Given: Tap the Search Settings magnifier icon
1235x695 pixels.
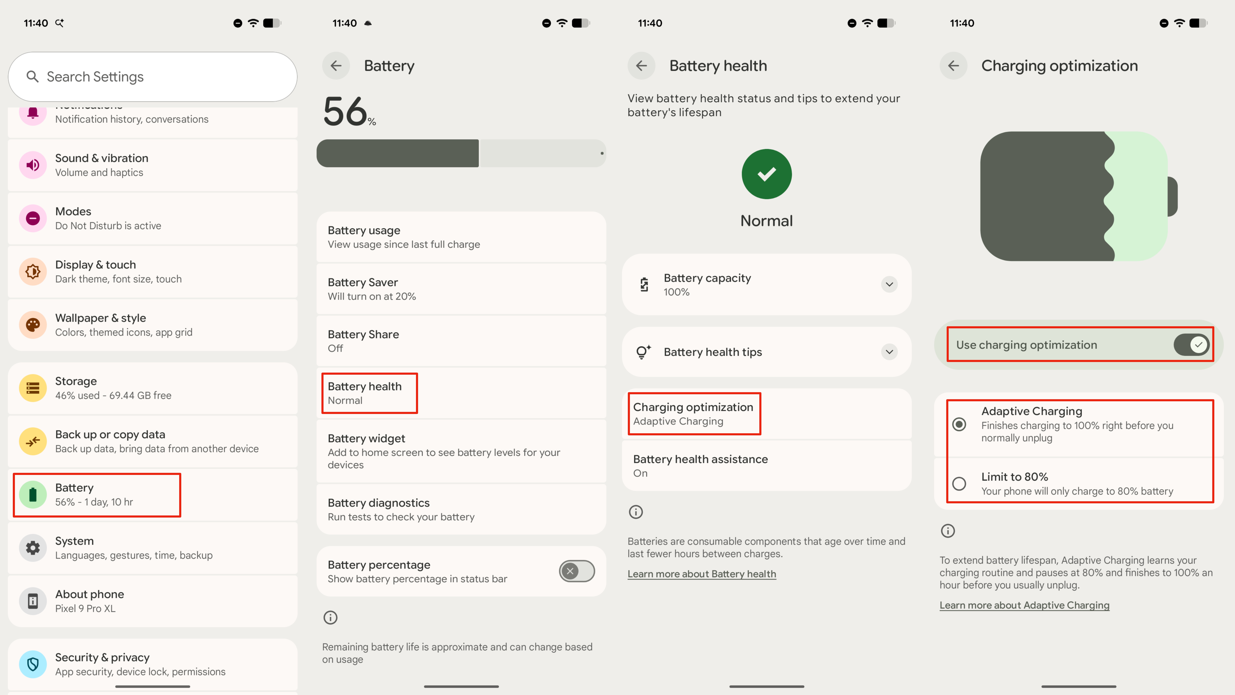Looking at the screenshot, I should (x=32, y=77).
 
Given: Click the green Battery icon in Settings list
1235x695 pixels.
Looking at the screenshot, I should (x=33, y=494).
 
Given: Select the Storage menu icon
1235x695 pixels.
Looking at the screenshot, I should (x=33, y=388).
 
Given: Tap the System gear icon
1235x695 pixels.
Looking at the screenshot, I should (x=33, y=548).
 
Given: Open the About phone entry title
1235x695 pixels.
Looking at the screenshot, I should (x=89, y=594).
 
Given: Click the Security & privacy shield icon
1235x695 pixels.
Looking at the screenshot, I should (x=33, y=664).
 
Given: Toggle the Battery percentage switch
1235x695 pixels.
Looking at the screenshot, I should (x=576, y=571).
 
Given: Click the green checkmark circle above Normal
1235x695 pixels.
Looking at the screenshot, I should (x=766, y=174).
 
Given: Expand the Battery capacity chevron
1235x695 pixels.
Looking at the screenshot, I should (x=889, y=284).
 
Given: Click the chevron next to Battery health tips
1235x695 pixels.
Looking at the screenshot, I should (x=889, y=352).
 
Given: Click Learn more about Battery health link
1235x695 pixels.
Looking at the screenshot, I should (x=701, y=574).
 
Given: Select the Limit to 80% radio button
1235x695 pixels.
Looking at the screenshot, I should (x=959, y=483).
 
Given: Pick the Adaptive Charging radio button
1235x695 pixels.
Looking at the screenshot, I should (x=959, y=424).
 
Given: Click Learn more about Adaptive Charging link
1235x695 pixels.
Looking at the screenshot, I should (x=1024, y=605).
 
